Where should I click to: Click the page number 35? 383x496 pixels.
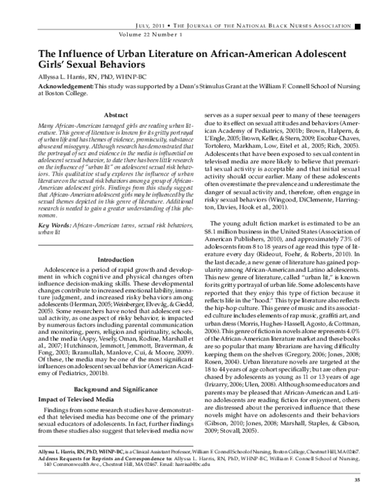[357, 479]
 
